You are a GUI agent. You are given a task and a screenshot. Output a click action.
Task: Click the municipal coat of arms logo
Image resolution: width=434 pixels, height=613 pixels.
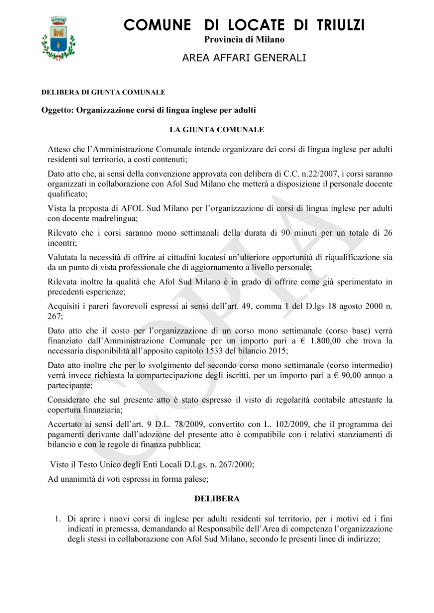coord(58,39)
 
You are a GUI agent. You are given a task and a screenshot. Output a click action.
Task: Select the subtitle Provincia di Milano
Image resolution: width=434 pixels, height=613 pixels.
coord(244,40)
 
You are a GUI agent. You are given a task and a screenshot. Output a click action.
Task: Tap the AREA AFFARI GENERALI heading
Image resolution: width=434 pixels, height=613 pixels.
coord(244,58)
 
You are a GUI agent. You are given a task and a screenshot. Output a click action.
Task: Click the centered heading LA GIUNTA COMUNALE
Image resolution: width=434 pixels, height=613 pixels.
coord(217,130)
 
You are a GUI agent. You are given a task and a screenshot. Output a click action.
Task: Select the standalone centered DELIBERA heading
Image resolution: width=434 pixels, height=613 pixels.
coord(217,499)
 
